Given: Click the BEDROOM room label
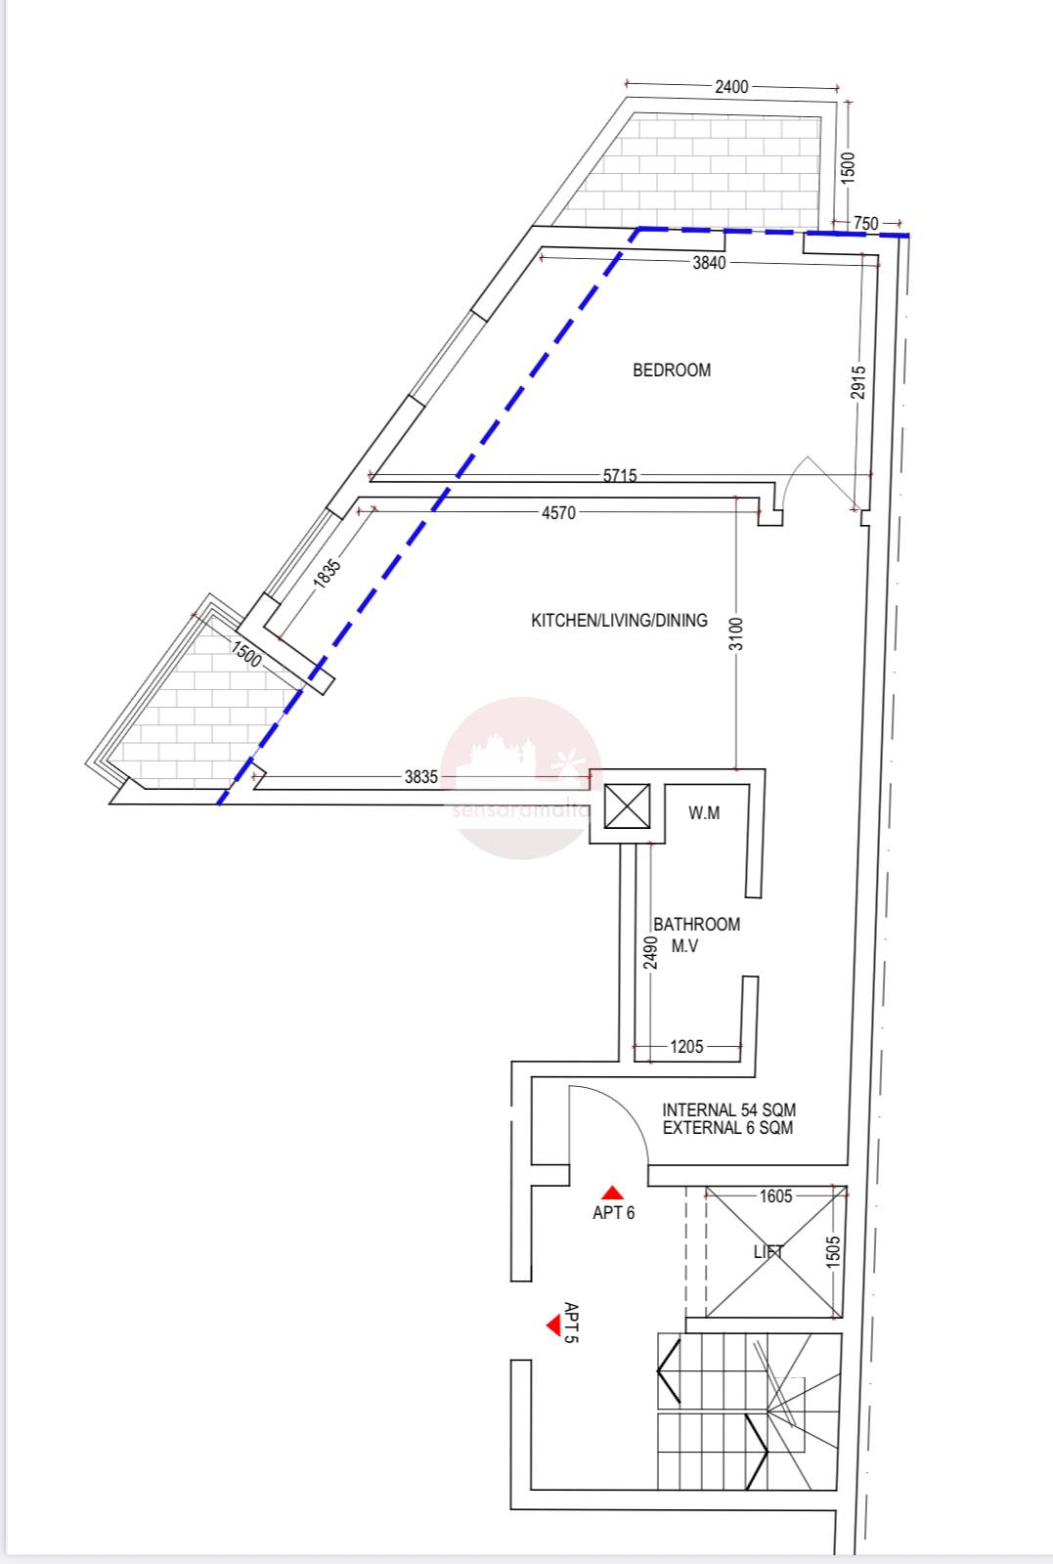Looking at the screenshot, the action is pyautogui.click(x=672, y=370).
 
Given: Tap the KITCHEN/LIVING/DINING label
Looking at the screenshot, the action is pyautogui.click(x=619, y=620).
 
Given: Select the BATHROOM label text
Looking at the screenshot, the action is pyautogui.click(x=697, y=925).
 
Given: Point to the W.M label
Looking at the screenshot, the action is pyautogui.click(x=704, y=812).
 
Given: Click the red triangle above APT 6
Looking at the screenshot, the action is pyautogui.click(x=612, y=1193).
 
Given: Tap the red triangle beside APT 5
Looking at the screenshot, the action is pyautogui.click(x=554, y=1325).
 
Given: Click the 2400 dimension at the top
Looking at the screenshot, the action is pyautogui.click(x=731, y=87).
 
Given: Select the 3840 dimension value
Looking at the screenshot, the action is pyautogui.click(x=709, y=263).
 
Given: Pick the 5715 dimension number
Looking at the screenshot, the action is pyautogui.click(x=620, y=475).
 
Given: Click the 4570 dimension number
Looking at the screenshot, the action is pyautogui.click(x=558, y=513).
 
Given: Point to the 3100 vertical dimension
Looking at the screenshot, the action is pyautogui.click(x=736, y=633).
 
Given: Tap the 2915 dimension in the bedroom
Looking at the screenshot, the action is pyautogui.click(x=858, y=382).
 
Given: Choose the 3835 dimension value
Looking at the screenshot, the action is pyautogui.click(x=421, y=776).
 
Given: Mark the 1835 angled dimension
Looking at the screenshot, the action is pyautogui.click(x=327, y=573).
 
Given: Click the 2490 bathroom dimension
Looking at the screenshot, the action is pyautogui.click(x=650, y=952).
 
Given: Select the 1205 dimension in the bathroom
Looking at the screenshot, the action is pyautogui.click(x=686, y=1047).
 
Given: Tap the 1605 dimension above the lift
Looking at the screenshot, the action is pyautogui.click(x=775, y=1196).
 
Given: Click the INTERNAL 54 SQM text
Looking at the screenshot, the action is pyautogui.click(x=729, y=1109).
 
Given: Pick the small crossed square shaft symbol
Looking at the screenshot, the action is pyautogui.click(x=627, y=806).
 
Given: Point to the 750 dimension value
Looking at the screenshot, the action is pyautogui.click(x=866, y=224).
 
